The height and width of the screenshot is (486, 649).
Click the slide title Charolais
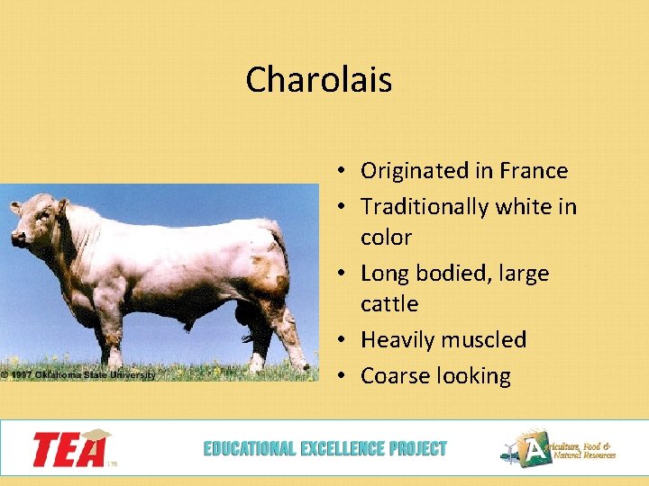coord(318,80)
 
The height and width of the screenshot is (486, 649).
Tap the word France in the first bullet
coord(534,171)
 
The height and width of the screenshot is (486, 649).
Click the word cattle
coord(389,304)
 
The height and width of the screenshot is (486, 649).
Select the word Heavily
coord(396,340)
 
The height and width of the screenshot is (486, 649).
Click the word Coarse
coord(395,376)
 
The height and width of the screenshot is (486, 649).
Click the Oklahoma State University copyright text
coord(78,374)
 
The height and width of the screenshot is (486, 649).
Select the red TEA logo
coord(72,448)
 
